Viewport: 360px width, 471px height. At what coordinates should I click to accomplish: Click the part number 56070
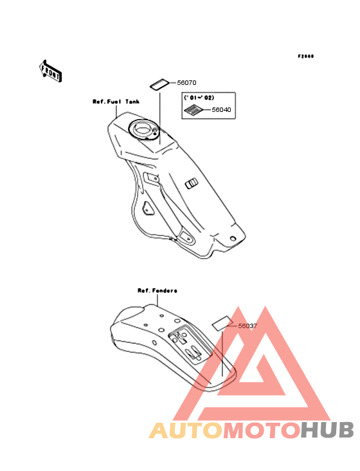click(186, 82)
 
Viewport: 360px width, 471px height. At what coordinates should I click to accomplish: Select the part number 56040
click(221, 109)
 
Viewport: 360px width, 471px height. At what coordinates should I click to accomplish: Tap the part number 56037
click(248, 326)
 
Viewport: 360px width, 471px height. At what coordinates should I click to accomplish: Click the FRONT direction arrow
click(51, 71)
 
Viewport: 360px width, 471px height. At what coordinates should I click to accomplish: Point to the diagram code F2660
click(306, 56)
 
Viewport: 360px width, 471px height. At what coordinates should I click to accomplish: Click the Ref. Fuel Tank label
click(116, 102)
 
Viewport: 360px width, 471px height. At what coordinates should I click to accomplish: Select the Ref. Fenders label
click(157, 290)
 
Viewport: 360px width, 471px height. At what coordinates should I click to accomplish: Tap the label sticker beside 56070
click(160, 84)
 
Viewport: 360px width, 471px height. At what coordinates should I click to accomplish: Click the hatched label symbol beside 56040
click(194, 109)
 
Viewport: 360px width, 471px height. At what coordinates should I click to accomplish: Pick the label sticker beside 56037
click(222, 323)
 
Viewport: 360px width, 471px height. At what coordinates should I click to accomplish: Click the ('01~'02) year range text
click(199, 98)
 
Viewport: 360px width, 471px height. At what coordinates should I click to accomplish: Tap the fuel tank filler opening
click(143, 130)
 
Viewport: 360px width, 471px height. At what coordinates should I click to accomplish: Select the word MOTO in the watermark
click(262, 430)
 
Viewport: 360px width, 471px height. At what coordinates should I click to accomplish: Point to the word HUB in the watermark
click(327, 430)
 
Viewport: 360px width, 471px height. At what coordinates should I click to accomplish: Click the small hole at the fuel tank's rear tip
click(233, 239)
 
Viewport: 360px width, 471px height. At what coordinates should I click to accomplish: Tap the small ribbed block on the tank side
click(192, 183)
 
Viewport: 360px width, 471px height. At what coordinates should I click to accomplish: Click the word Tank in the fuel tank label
click(132, 102)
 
